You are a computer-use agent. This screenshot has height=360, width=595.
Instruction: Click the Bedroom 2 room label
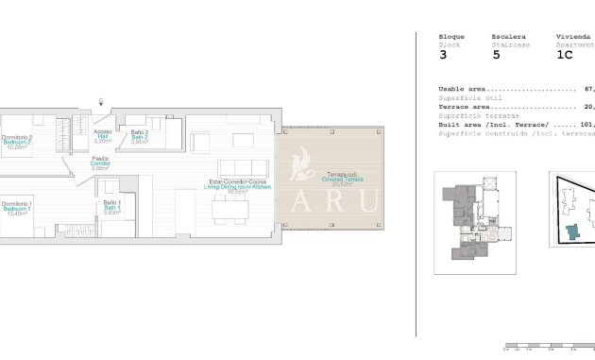point(18,143)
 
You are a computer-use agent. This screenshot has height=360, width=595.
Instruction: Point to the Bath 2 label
point(140,136)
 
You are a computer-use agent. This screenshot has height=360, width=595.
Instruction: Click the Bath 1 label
point(111,207)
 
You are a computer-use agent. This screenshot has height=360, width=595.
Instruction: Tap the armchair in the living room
point(200,143)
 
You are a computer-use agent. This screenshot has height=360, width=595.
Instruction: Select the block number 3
point(444,55)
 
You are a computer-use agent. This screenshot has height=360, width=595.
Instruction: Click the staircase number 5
point(497,55)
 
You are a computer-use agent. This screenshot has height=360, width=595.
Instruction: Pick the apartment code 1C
point(565,55)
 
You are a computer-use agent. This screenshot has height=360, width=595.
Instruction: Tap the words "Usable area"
point(459,89)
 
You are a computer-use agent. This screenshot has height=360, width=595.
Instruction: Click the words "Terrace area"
point(461,107)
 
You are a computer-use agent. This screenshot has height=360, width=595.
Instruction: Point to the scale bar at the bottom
point(548,346)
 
